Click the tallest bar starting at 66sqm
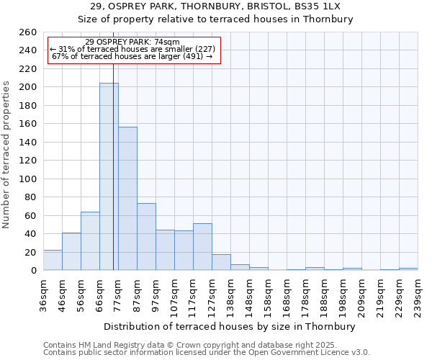pos(109,176)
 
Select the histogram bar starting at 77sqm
pos(127,199)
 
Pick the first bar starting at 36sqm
pos(53,260)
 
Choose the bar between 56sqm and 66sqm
pos(90,241)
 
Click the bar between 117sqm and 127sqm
pos(202,247)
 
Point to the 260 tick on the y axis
pos(28,32)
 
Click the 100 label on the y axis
pos(28,179)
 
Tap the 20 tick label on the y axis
pos(31,253)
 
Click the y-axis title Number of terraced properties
pos(7,155)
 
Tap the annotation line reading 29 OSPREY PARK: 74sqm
pos(132,42)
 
